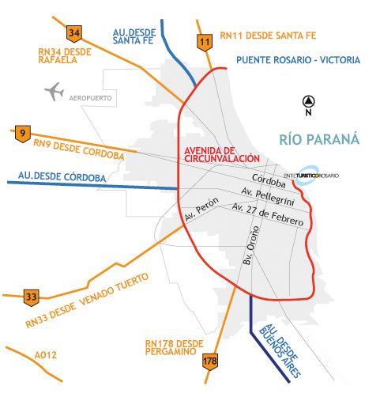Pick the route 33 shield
pos(31,297)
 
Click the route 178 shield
pos(209,361)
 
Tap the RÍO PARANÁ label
pos(319,140)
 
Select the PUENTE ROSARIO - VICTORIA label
pos(298,60)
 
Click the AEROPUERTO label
pos(92,97)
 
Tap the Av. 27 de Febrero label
pos(267,214)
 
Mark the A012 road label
pos(46,355)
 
